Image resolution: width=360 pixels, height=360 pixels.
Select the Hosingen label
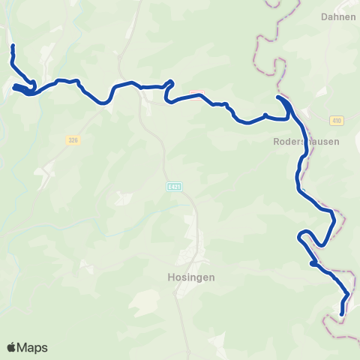coord(188,276)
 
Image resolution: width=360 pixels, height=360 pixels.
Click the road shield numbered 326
coord(73,139)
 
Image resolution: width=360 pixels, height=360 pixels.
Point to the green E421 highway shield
coord(175,186)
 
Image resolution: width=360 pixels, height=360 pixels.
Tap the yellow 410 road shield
coord(335,120)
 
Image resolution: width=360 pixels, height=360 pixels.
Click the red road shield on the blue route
coord(196,94)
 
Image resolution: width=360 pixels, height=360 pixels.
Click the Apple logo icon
coord(12,347)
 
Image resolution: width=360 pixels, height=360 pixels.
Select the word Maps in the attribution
coord(32,347)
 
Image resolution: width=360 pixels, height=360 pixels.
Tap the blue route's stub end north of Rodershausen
coord(278,97)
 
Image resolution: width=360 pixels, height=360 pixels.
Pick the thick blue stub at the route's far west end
coord(16,88)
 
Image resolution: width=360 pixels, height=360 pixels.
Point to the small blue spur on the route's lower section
coord(311,262)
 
